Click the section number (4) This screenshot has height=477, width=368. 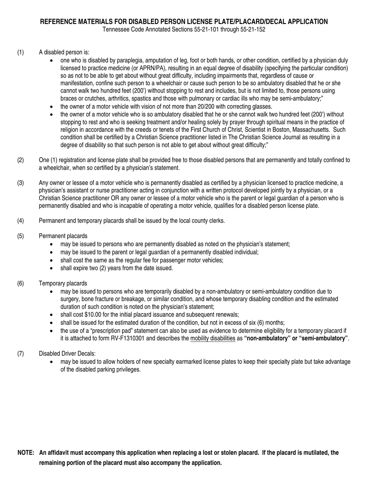pyautogui.click(x=21, y=221)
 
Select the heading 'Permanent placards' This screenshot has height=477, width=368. pyautogui.click(x=63, y=236)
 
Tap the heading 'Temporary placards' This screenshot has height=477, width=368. pyautogui.click(x=63, y=283)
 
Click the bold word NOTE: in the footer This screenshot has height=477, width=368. pyautogui.click(x=26, y=453)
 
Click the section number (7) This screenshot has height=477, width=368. pyautogui.click(x=21, y=354)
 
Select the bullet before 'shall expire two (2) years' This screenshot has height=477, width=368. pyautogui.click(x=52, y=268)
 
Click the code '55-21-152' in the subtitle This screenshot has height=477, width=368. pyautogui.click(x=253, y=29)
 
